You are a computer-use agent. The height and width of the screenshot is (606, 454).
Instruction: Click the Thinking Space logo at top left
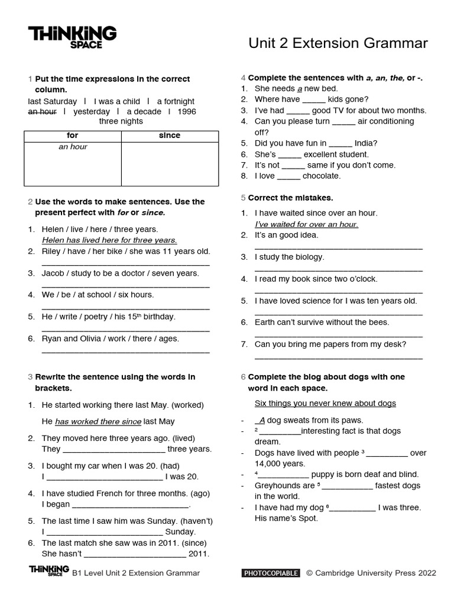tap(72, 37)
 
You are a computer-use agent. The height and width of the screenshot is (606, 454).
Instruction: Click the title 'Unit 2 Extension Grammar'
tap(338, 43)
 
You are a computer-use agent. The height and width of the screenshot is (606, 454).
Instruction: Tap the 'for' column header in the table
tap(72, 136)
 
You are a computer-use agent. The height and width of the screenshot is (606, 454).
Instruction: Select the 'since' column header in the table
tap(170, 136)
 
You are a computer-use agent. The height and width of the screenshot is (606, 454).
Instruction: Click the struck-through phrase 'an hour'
tap(42, 111)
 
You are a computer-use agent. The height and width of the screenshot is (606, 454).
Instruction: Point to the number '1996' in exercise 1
tap(186, 111)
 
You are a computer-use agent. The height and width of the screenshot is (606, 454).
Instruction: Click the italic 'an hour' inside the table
tap(73, 147)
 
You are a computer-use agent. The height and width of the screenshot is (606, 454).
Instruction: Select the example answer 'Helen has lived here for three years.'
tap(109, 240)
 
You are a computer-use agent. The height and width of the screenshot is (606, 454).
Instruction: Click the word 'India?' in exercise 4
tap(366, 143)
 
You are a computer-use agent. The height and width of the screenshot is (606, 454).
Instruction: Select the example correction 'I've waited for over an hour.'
tap(306, 224)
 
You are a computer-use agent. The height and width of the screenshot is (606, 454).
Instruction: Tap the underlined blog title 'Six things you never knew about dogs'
tap(325, 404)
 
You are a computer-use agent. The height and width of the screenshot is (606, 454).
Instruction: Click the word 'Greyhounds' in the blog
tap(276, 485)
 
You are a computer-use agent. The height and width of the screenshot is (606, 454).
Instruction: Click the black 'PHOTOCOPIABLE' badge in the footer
tap(271, 573)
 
